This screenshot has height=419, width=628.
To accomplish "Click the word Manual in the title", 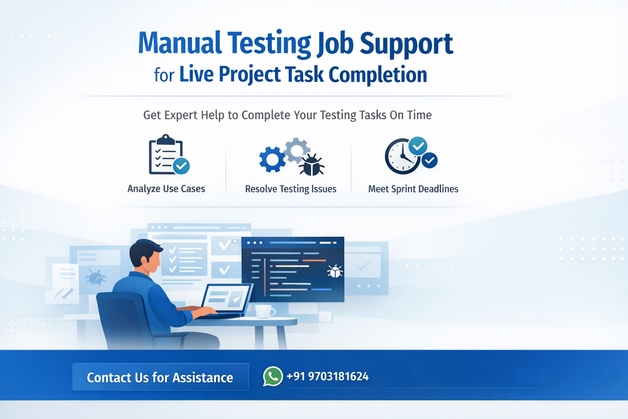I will pyautogui.click(x=179, y=43).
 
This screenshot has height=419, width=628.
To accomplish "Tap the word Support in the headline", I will pyautogui.click(x=406, y=44).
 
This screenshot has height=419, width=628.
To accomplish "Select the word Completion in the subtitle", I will pyautogui.click(x=378, y=74).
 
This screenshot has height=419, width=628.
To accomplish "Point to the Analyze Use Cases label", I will pyautogui.click(x=166, y=189).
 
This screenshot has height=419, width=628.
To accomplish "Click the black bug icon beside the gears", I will pyautogui.click(x=312, y=164).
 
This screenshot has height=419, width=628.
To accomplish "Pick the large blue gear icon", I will pyautogui.click(x=272, y=159).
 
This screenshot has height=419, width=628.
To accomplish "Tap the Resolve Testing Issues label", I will pyautogui.click(x=291, y=189).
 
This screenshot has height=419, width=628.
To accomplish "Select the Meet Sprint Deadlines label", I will pyautogui.click(x=413, y=189).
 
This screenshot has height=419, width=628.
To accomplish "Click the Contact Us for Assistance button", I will pyautogui.click(x=160, y=377).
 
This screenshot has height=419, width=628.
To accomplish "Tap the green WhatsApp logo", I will pyautogui.click(x=273, y=376).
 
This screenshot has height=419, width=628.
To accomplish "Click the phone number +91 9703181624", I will pyautogui.click(x=327, y=376).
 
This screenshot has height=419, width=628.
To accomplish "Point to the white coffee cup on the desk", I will pyautogui.click(x=264, y=311).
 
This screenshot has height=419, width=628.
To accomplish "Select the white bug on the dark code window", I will pyautogui.click(x=335, y=271).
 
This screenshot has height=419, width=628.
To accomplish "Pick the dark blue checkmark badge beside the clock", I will pyautogui.click(x=429, y=160).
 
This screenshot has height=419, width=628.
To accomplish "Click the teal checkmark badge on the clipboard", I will pyautogui.click(x=181, y=166).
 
